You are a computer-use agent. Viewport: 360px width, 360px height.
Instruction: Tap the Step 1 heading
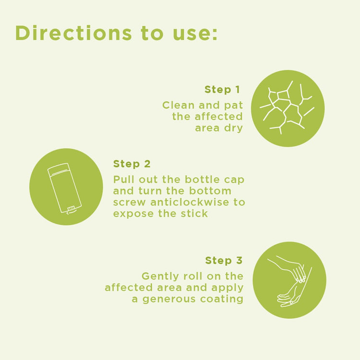tap(222, 90)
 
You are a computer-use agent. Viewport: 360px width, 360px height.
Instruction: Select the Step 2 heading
tap(132, 164)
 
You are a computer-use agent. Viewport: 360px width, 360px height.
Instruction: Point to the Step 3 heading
tap(224, 261)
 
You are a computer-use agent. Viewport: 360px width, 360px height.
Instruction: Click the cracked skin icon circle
tap(288, 108)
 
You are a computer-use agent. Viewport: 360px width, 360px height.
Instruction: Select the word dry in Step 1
tap(233, 128)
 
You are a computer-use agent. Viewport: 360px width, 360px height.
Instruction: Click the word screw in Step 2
tap(130, 202)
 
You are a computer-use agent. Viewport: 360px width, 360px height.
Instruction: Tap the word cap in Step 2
tap(234, 180)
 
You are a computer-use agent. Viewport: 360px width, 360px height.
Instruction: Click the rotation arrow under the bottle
tap(71, 212)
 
